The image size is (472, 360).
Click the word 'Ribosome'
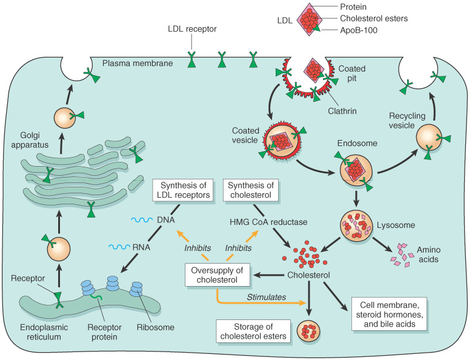(x=155, y=328)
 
